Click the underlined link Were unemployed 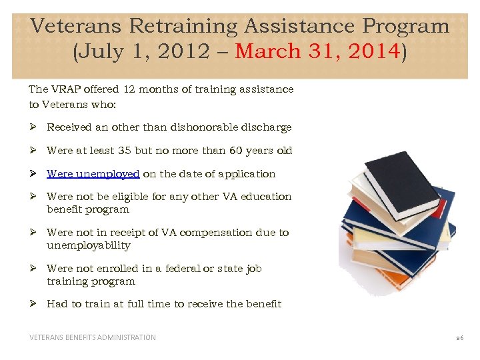click(x=93, y=174)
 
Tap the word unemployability click(x=88, y=245)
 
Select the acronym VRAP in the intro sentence click(x=63, y=89)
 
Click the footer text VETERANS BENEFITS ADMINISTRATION click(x=92, y=337)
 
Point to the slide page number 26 click(x=459, y=338)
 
